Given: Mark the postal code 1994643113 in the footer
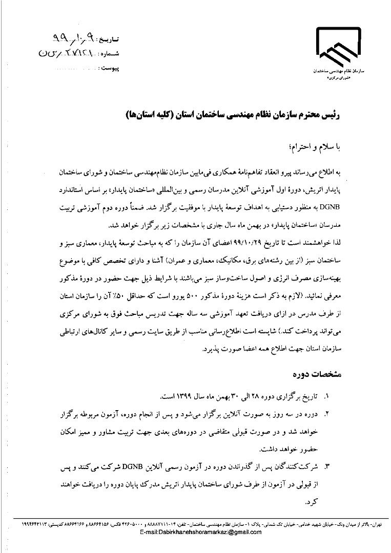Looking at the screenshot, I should (x=36, y=525).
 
